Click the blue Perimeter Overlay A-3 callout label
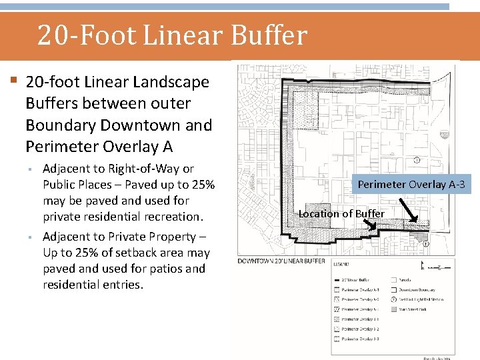pyautogui.click(x=411, y=184)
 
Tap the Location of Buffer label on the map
pyautogui.click(x=341, y=213)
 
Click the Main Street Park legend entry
pyautogui.click(x=417, y=309)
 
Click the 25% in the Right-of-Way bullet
pyautogui.click(x=202, y=185)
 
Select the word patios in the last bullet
pyautogui.click(x=169, y=269)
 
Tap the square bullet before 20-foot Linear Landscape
pyautogui.click(x=14, y=81)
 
